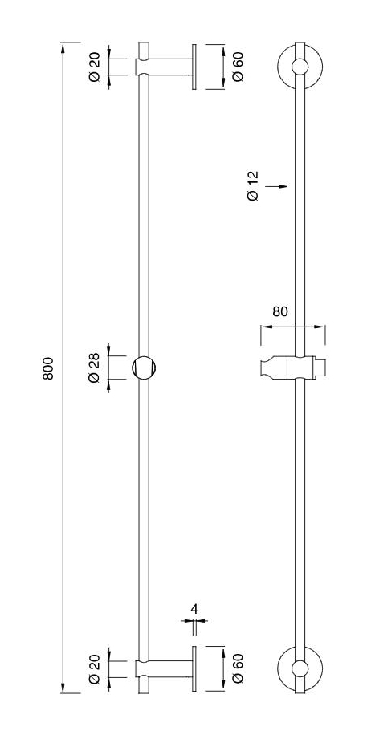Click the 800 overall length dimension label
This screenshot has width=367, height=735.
pos(48,367)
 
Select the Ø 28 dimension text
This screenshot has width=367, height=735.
pos(94,367)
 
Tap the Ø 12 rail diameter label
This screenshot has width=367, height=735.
pos(254,185)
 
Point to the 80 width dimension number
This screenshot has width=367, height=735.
pos(279,311)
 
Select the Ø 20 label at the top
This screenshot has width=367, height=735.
pos(94,66)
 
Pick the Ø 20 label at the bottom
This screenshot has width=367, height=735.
pos(94,668)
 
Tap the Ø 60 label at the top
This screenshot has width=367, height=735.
pos(238,66)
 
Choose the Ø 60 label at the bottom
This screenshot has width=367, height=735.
pos(238,668)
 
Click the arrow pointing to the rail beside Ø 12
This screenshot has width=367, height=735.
pos(280,186)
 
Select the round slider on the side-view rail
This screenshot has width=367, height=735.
pos(144,367)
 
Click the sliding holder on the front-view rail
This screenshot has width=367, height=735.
pos(292,367)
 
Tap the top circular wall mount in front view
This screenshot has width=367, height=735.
pos(300,67)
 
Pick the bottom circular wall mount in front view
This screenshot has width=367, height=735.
pos(300,668)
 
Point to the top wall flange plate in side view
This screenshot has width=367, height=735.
pos(194,66)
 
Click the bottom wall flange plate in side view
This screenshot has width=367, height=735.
pos(194,668)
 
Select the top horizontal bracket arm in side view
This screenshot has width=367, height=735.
pos(170,66)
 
